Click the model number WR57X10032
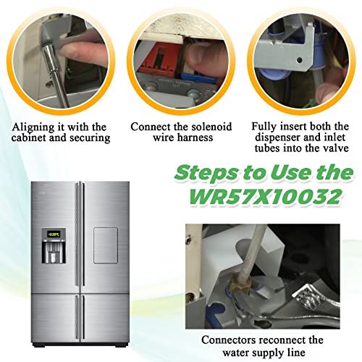pos(265,197)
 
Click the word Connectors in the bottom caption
pos(229,340)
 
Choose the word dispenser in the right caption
pos(278,138)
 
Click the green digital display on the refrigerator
pos(54,234)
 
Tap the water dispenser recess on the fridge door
pos(54,251)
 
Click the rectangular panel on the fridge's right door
pos(106,245)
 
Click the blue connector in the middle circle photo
pos(196,76)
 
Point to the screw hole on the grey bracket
pos(299,60)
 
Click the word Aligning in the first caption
pos(33,127)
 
